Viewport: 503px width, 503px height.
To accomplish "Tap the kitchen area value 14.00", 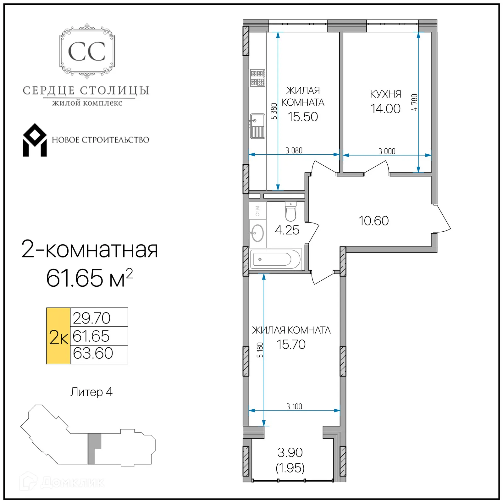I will tap(385, 109).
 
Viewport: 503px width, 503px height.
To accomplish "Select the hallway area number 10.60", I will tap(373, 221).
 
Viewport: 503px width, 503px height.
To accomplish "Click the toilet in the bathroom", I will tap(290, 212).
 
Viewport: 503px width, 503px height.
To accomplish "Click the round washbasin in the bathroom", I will tap(257, 233).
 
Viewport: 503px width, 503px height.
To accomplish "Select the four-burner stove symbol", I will tap(257, 78).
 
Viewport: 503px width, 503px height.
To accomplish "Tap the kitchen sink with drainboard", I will tap(257, 126).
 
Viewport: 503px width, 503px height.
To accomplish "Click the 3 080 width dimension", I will tap(294, 151).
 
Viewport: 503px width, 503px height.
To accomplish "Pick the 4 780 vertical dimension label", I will tap(414, 102).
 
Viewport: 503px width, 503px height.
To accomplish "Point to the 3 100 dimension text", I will tap(294, 406).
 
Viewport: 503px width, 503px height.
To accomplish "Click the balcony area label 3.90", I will tap(290, 452).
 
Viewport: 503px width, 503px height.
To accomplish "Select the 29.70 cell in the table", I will tap(91, 318).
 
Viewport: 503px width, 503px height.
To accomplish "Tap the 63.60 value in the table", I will tap(93, 353).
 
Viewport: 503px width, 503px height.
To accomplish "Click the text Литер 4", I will tap(91, 392).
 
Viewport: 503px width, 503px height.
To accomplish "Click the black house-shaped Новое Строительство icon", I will tap(35, 140).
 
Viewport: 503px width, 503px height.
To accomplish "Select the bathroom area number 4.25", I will tap(287, 230).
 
